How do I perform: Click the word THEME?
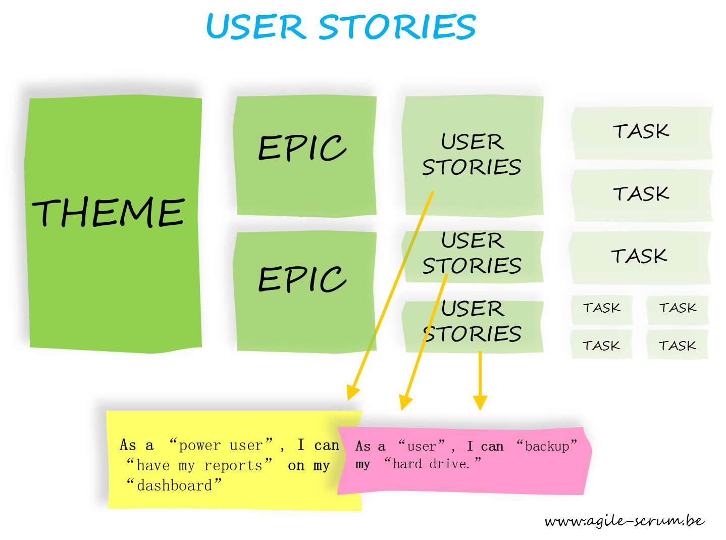[x=109, y=212]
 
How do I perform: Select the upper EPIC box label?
[x=302, y=148]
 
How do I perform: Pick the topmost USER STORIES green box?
[x=472, y=154]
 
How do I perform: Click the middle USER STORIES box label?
[x=472, y=253]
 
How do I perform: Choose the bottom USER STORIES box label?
[x=472, y=321]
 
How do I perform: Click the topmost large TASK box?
[x=641, y=131]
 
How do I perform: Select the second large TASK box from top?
[x=641, y=193]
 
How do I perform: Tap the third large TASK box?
[x=639, y=256]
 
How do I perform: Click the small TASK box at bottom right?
[x=677, y=346]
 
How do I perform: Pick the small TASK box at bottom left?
[x=601, y=346]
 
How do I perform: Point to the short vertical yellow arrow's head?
[x=480, y=403]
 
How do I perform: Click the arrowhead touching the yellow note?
[x=352, y=393]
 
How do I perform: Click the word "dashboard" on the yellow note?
[x=174, y=485]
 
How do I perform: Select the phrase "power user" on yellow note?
[x=221, y=445]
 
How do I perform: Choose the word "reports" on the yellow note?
[x=233, y=465]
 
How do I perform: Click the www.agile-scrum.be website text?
[x=624, y=521]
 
